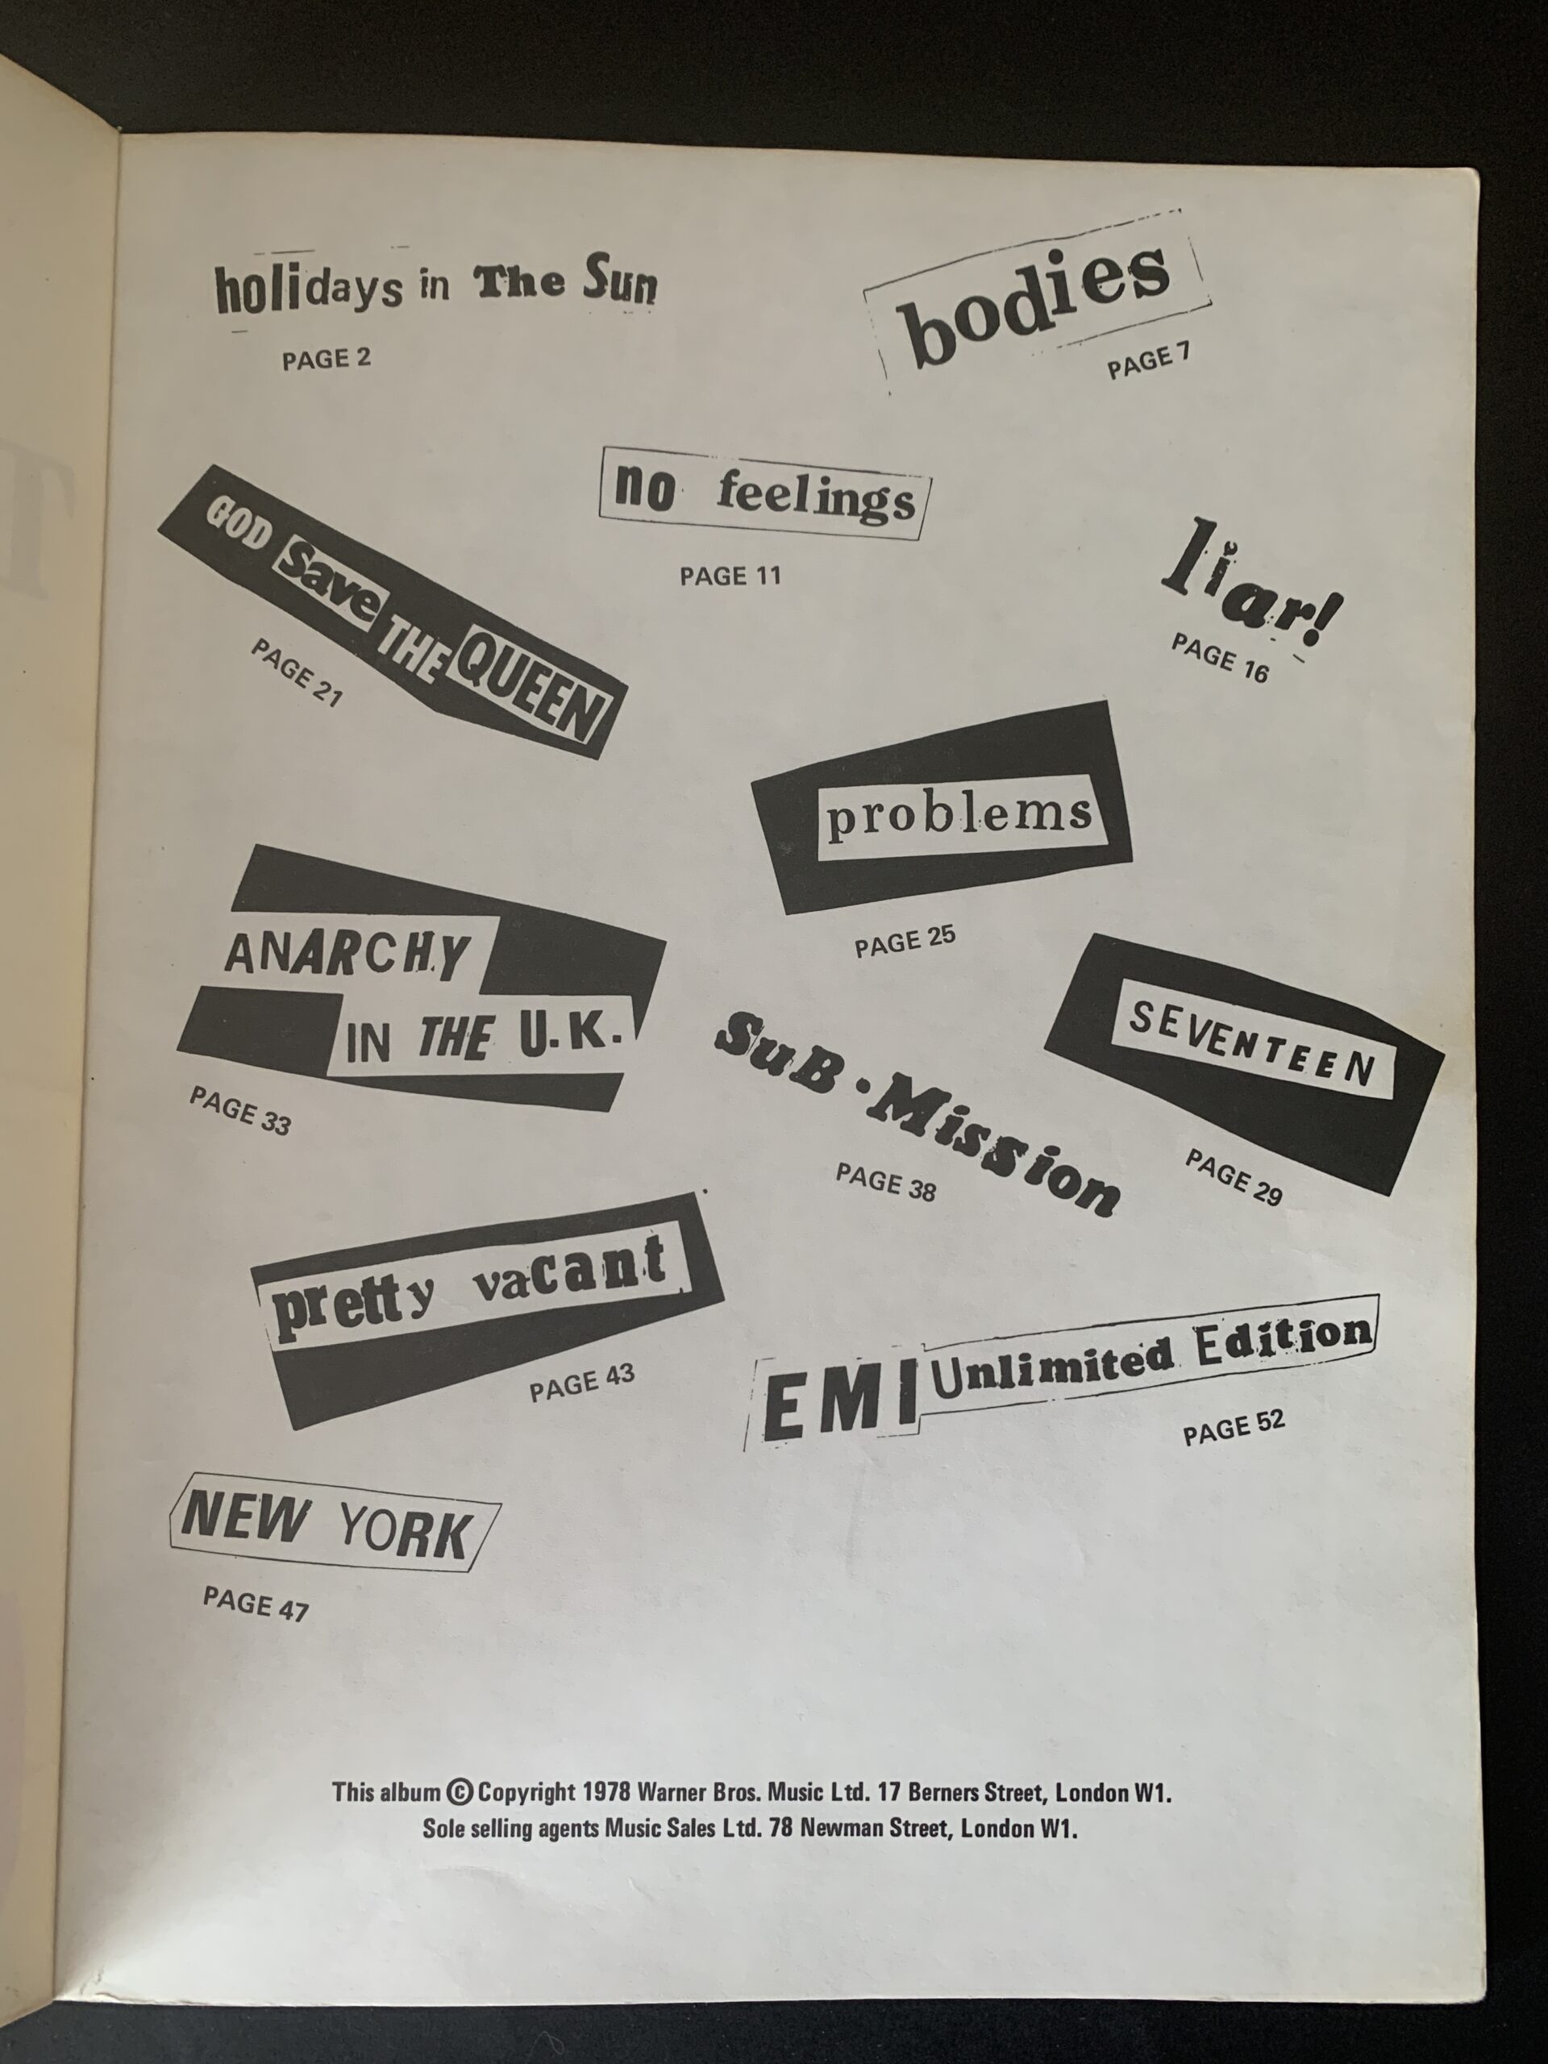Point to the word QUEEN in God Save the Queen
(x=529, y=698)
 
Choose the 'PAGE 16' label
(x=1221, y=658)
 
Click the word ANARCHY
(x=346, y=954)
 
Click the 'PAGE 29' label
(x=1234, y=1176)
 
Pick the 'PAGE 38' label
(x=885, y=1181)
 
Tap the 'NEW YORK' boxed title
(x=331, y=1526)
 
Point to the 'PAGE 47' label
(x=256, y=1602)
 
